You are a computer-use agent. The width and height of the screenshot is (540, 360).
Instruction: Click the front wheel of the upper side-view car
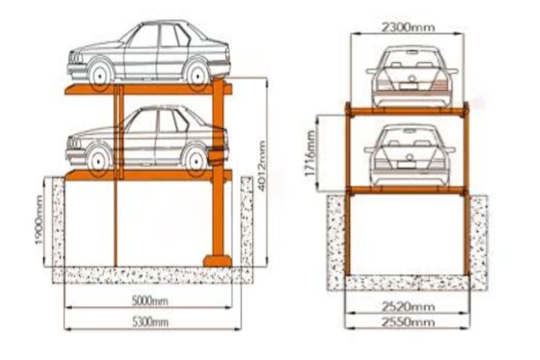point(100,71)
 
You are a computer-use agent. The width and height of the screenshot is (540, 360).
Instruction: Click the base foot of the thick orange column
point(220,261)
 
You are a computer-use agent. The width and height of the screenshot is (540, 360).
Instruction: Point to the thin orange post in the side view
point(117,216)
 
